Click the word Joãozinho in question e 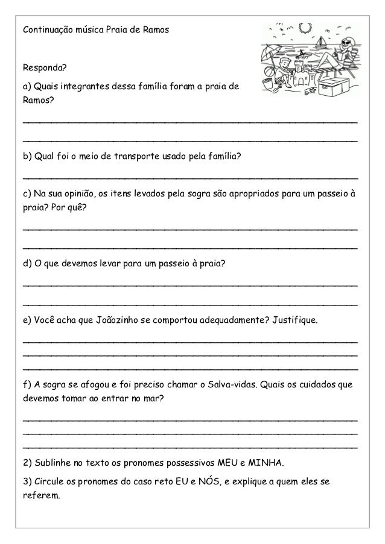click(x=116, y=318)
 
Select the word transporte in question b click(x=148, y=158)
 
